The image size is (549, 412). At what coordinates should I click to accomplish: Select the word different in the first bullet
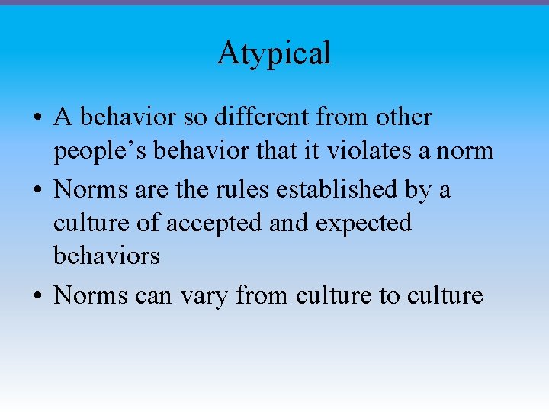252,117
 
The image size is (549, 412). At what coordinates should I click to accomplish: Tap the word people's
100,151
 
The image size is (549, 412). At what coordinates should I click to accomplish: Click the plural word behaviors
107,256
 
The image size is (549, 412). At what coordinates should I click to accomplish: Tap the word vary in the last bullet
205,294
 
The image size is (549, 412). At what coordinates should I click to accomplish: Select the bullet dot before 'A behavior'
37,119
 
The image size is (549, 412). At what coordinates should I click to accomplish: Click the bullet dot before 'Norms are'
37,189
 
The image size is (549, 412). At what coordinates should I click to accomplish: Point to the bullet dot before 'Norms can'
37,295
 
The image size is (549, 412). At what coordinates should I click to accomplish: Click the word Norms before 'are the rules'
90,188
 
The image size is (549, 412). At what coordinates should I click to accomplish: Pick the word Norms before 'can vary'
90,294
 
